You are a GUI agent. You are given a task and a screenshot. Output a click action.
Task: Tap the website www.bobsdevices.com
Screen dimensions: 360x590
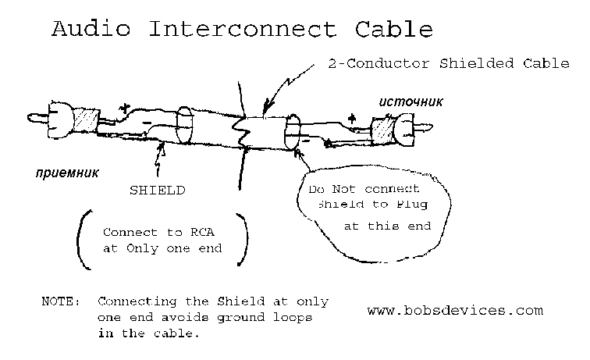(454, 310)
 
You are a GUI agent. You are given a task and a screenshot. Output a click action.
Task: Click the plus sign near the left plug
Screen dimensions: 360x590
(123, 107)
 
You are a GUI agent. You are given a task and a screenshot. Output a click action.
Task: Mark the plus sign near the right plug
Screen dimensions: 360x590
(352, 117)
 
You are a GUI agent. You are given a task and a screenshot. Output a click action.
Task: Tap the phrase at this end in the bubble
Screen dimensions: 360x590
(387, 226)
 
